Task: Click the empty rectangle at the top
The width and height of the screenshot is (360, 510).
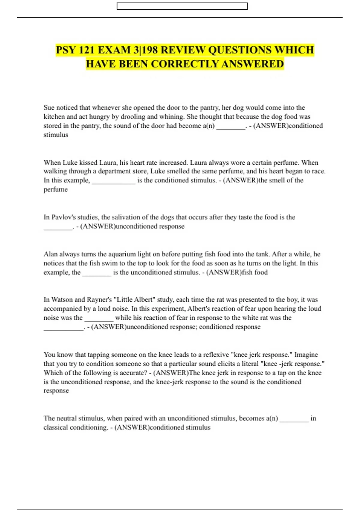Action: coord(182,6)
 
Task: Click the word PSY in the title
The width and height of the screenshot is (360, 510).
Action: coord(66,50)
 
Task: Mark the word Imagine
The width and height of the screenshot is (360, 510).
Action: coord(306,355)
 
